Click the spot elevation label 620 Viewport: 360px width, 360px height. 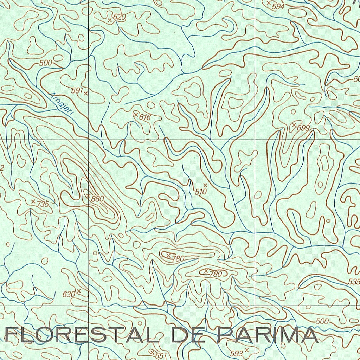119,17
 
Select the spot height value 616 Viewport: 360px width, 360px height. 144,117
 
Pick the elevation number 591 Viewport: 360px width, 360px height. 77,91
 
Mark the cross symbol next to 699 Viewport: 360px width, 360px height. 294,125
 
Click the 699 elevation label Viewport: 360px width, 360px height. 303,128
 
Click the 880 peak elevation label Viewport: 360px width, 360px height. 97,199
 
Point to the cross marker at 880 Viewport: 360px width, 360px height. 88,195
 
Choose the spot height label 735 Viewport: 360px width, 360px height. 42,204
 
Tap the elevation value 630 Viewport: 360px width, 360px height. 69,294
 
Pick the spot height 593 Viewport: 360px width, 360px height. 237,353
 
